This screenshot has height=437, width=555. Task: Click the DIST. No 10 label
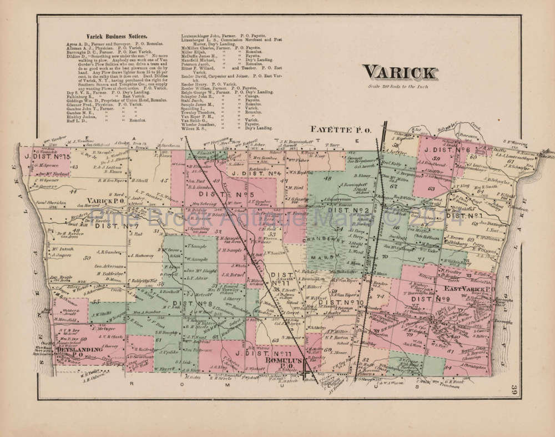(x=344, y=303)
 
